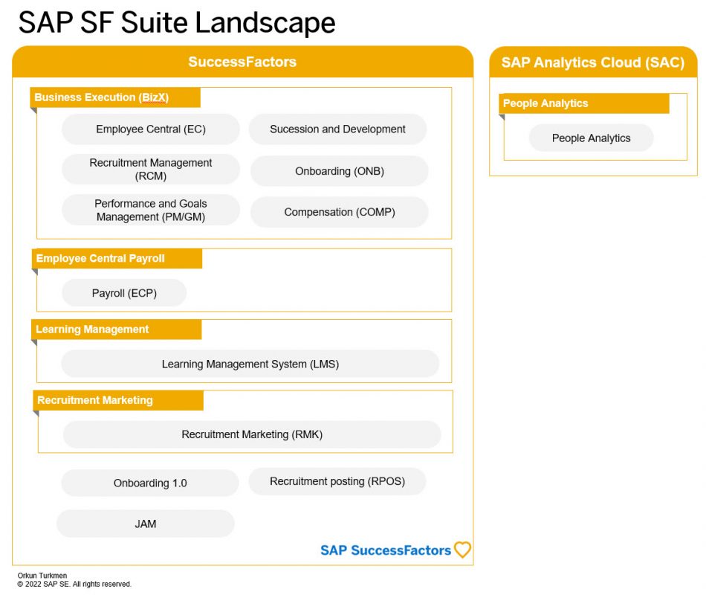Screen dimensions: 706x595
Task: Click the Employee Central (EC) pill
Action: (151, 129)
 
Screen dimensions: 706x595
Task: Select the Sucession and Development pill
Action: (337, 129)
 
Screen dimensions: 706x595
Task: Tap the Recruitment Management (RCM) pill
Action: (151, 169)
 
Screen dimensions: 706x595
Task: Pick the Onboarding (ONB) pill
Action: (340, 171)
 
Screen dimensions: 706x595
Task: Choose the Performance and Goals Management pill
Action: (151, 210)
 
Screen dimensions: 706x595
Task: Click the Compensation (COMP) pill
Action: (340, 212)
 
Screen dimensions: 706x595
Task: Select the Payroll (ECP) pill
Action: (124, 293)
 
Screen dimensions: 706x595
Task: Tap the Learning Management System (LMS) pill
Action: (250, 364)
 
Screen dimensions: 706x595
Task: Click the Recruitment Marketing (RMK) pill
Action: (252, 434)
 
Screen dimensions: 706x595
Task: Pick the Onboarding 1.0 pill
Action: (150, 483)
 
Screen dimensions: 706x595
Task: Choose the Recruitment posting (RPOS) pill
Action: (337, 481)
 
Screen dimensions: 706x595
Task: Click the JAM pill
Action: (146, 524)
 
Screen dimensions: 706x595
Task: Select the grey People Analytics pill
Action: (592, 138)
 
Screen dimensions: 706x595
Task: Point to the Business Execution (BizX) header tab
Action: (115, 97)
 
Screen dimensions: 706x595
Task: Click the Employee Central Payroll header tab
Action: (117, 258)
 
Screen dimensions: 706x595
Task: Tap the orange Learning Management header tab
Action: (116, 329)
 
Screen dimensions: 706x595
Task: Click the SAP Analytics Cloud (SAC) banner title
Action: (593, 62)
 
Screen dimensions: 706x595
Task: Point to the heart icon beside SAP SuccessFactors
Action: (462, 550)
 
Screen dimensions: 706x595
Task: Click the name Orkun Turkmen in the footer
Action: (42, 576)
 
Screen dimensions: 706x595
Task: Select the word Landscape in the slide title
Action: (265, 22)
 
